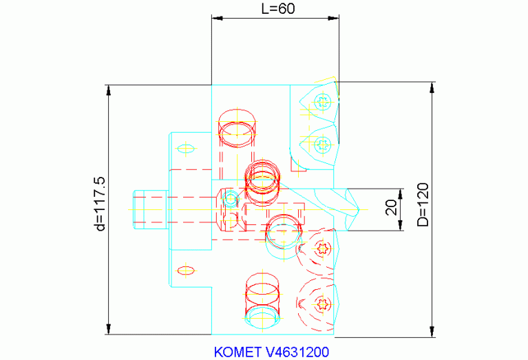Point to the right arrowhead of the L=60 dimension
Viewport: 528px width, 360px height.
[x=335, y=18]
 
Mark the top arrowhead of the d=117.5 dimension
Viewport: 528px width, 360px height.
[x=107, y=89]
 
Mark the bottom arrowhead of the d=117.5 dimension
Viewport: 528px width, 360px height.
[x=107, y=330]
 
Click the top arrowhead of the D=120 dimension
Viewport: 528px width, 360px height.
[x=432, y=86]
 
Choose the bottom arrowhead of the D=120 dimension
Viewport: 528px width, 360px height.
[x=432, y=333]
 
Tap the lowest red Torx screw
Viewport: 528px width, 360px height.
[x=323, y=304]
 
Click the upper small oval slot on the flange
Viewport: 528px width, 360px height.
[x=185, y=147]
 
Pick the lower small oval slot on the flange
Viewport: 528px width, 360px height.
[x=185, y=268]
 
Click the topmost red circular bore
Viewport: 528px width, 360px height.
[x=236, y=128]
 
